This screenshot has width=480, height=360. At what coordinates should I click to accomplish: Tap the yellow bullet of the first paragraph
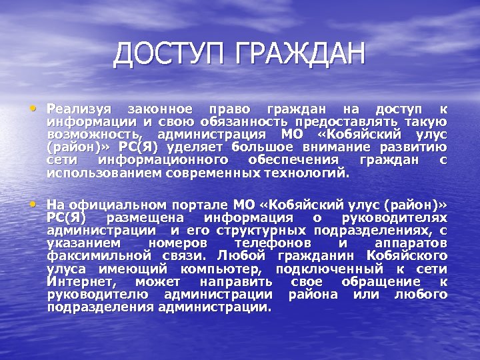pyautogui.click(x=33, y=107)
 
